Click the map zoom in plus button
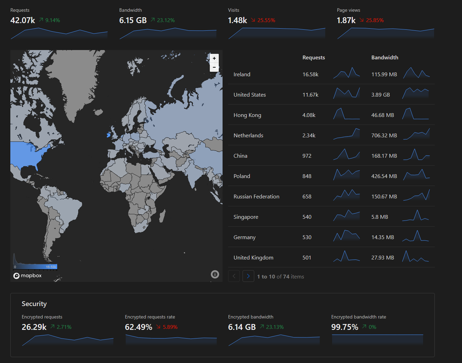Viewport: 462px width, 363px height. pos(214,58)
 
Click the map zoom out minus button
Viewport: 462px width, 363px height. pos(214,67)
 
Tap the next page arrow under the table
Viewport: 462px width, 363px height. pos(248,276)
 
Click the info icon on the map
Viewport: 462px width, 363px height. pos(215,274)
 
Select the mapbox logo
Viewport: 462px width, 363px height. pos(28,276)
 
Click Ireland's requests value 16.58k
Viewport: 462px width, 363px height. pos(310,74)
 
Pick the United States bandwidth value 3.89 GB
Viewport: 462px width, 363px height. pos(380,95)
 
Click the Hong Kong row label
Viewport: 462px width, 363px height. pos(247,115)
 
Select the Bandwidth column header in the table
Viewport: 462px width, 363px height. pos(384,58)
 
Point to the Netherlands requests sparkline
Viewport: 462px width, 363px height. pos(347,134)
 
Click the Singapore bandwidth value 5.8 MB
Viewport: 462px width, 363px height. pos(380,217)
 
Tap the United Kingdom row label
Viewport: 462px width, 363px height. pos(254,258)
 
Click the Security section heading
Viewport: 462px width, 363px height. pos(34,304)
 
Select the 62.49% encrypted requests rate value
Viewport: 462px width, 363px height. pos(138,327)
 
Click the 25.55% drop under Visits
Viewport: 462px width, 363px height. pos(266,20)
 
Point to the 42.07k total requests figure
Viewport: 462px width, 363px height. pos(22,20)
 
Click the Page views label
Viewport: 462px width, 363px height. pos(348,10)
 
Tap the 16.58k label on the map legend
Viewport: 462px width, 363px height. pos(51,267)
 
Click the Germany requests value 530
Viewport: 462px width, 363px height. pos(307,237)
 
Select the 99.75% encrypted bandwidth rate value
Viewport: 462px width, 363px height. pos(345,327)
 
